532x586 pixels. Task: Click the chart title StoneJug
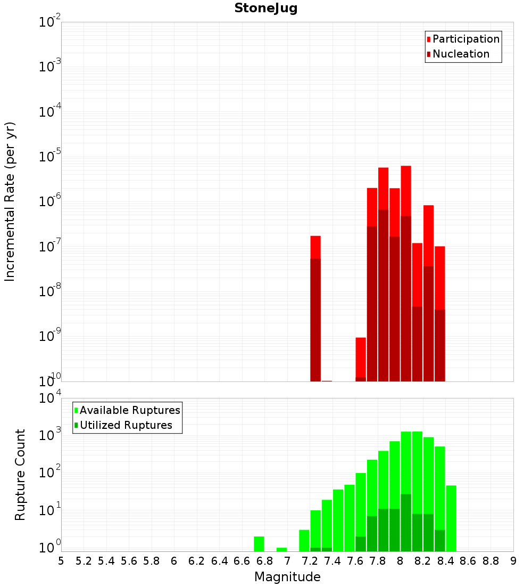[x=266, y=9]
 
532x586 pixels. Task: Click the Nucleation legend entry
[x=461, y=54]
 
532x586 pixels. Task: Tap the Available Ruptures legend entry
[x=130, y=410]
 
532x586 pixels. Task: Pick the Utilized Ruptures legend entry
[x=126, y=425]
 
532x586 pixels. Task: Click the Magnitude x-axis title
[x=287, y=577]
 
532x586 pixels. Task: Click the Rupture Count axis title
[x=20, y=475]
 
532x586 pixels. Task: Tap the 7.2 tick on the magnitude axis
[x=310, y=561]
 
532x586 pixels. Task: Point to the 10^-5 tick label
[x=50, y=157]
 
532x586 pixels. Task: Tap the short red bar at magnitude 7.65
[x=361, y=357]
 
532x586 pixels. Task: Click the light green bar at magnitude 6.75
[x=259, y=544]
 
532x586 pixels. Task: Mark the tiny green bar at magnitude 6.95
[x=281, y=549]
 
